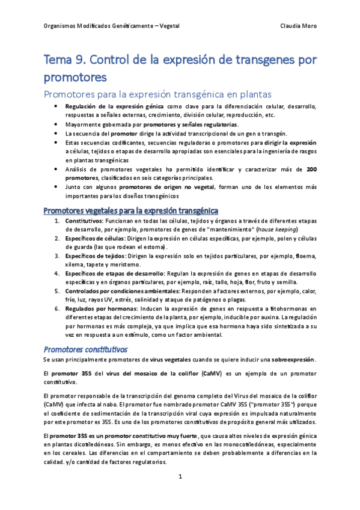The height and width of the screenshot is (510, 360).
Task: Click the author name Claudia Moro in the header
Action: pyautogui.click(x=299, y=26)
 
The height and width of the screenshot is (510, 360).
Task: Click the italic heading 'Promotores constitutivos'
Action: pyautogui.click(x=85, y=348)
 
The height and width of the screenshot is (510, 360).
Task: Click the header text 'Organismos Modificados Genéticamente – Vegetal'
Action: pyautogui.click(x=112, y=26)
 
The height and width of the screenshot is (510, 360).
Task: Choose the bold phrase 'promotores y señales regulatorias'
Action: pyautogui.click(x=191, y=124)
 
